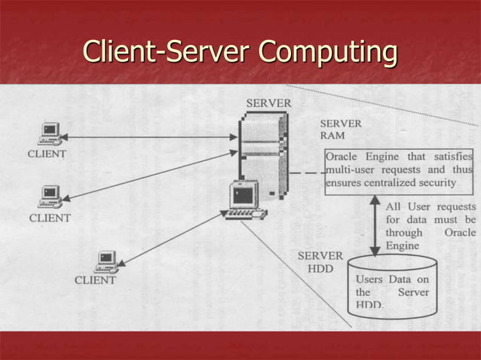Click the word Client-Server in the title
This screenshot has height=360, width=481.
[167, 52]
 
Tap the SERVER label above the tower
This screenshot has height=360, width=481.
[269, 102]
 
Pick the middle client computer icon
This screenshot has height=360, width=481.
[50, 197]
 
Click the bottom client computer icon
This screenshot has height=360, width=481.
[106, 261]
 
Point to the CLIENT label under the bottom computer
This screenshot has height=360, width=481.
[95, 280]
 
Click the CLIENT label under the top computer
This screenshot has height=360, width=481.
[47, 154]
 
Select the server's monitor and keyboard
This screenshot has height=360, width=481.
[246, 201]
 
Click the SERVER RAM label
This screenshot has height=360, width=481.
[340, 129]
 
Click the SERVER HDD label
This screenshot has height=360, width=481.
[320, 262]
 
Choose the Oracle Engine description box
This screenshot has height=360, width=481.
[399, 170]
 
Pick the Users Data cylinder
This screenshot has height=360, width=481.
[392, 286]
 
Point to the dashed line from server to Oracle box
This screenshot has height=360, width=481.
[306, 173]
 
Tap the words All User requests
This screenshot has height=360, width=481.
[430, 206]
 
